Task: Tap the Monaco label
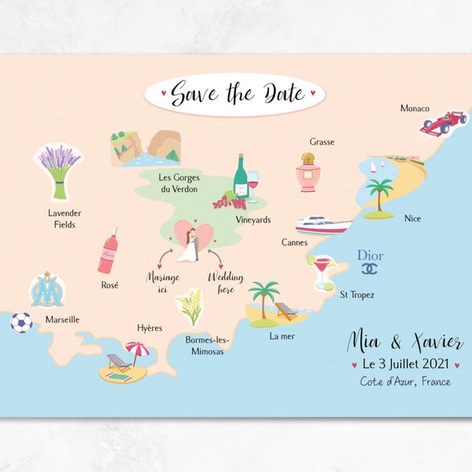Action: point(415,108)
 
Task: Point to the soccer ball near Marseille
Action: point(21,322)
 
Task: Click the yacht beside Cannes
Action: point(323,225)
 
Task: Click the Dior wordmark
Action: point(370,255)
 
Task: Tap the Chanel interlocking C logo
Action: point(369,269)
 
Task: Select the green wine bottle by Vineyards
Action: point(240,176)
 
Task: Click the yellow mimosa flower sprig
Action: point(191,307)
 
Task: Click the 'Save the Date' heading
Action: point(235,94)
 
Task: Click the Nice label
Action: point(412,218)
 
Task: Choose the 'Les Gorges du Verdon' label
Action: point(178,183)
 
